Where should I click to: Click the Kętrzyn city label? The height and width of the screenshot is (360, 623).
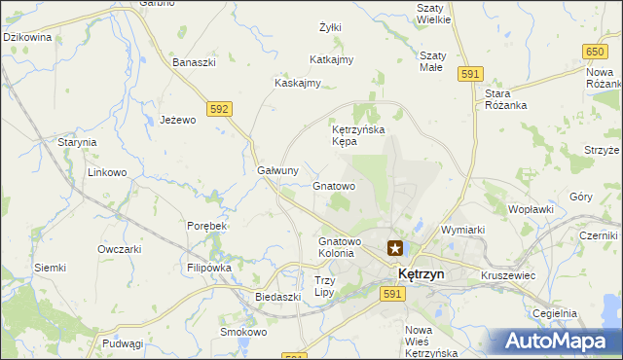coord(421,274)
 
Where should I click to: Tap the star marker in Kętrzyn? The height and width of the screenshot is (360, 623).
coord(396,248)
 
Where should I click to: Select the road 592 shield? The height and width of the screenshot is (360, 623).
coord(219,109)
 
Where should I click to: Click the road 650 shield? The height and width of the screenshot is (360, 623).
coord(597,50)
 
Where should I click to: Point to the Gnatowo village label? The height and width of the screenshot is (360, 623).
coord(334,185)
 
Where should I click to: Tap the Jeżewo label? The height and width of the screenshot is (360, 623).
coord(178,120)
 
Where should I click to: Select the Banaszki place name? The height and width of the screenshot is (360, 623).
coord(194,63)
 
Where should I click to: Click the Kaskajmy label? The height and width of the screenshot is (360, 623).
coord(298,83)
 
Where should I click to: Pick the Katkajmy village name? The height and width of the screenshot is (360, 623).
coord(331,59)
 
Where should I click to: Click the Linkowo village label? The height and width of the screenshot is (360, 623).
coord(108,172)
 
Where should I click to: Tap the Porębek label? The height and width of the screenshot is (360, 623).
coord(206,226)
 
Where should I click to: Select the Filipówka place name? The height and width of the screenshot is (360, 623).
coord(208,267)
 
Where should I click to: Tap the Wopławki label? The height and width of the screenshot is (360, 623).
coord(531,209)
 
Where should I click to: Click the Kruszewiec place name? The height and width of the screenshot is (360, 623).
coord(508,275)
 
